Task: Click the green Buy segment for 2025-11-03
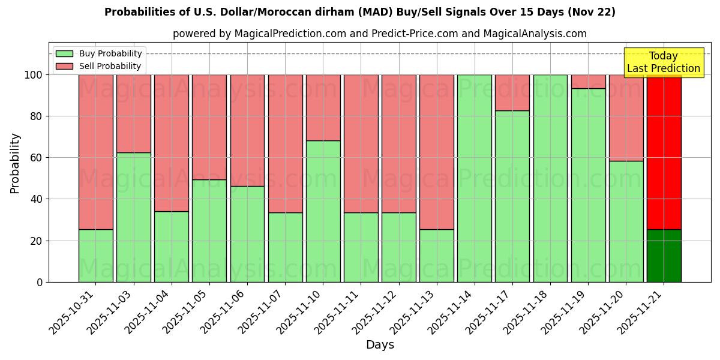134,217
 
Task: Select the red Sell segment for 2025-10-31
95,152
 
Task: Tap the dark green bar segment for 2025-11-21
664,256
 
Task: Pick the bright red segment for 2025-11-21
664,152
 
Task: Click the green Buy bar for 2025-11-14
475,178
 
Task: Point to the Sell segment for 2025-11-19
588,82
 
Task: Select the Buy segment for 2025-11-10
323,211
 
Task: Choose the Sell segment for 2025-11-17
512,92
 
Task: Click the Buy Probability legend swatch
64,54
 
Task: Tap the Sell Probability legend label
110,66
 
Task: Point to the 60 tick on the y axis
38,158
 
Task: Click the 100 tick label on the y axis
34,75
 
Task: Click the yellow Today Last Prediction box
663,62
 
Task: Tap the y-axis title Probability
15,163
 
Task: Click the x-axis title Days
380,345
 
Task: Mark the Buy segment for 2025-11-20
626,221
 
